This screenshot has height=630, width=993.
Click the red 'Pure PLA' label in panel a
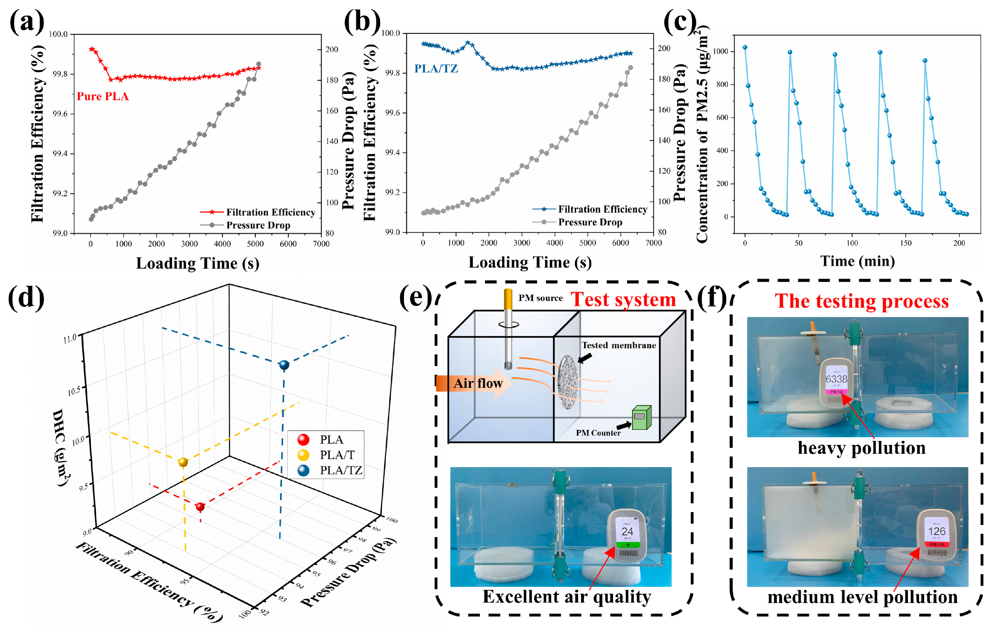coord(103,96)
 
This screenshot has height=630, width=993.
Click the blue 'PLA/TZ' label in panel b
coord(436,68)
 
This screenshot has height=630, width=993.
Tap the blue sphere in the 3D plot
coord(284,365)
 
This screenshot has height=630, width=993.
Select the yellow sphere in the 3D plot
coord(183,462)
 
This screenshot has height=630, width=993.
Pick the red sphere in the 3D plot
coord(200,507)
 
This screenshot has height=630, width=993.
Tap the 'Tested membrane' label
coord(619,345)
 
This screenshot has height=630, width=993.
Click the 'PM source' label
coord(540,298)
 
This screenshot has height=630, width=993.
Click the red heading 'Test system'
coord(623,300)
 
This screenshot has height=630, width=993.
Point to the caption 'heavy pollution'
coord(861,448)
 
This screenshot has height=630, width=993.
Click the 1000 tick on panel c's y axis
coord(721,51)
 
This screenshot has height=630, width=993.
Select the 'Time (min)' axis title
coord(857,261)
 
